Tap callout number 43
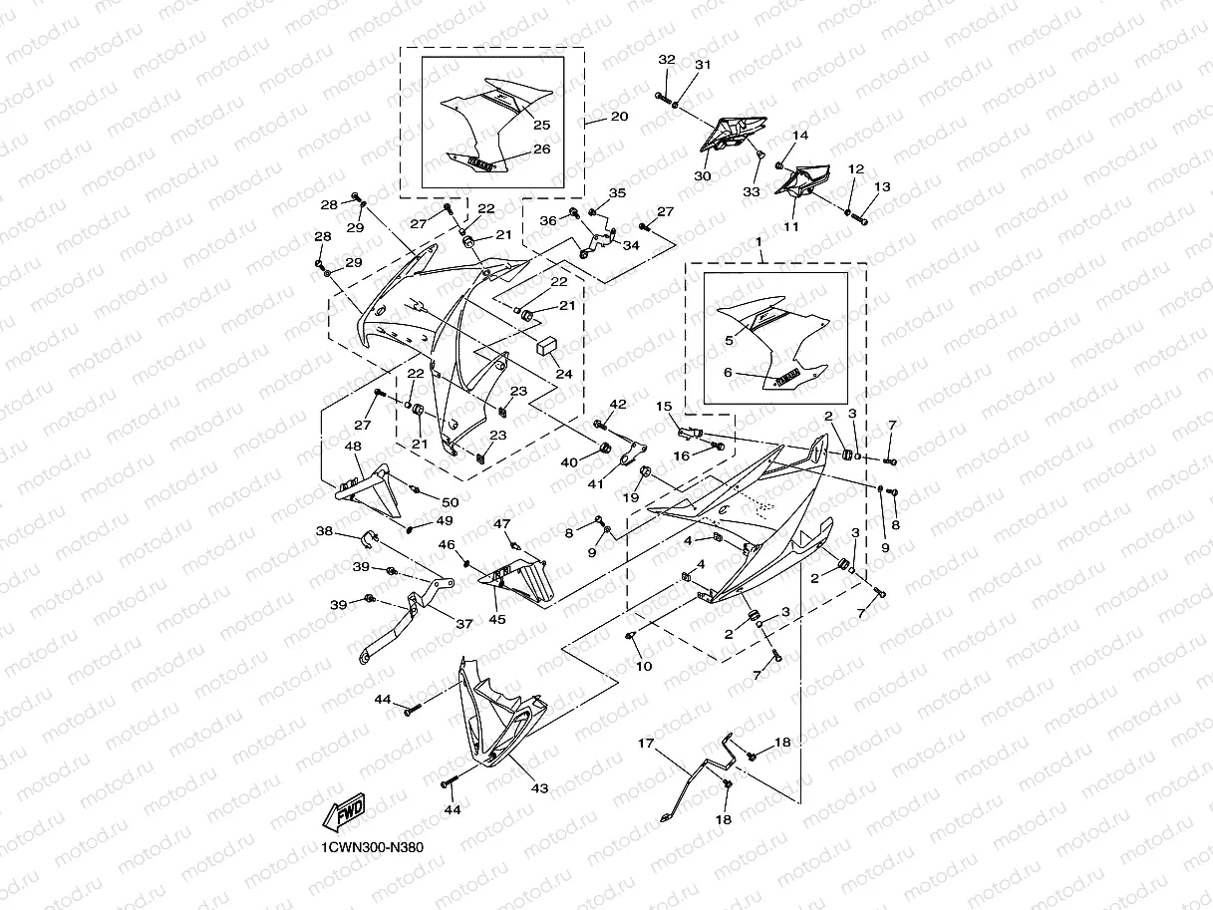point(539,788)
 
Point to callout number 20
point(619,117)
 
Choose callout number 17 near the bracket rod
point(646,744)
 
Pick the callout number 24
point(564,375)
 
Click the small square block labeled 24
point(547,346)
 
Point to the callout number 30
point(702,175)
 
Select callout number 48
point(353,448)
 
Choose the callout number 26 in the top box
point(541,149)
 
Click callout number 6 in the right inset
point(729,372)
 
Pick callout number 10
point(644,666)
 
